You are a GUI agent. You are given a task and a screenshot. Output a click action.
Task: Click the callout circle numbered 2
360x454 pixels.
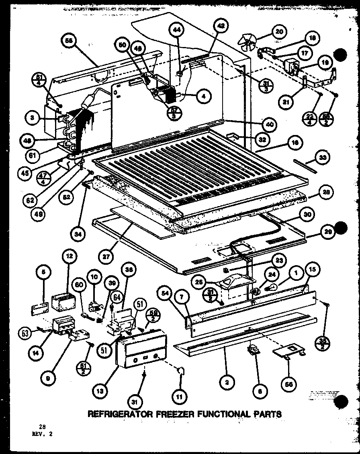pos(227,383)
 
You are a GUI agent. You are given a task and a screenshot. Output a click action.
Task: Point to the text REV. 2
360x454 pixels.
pos(42,434)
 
